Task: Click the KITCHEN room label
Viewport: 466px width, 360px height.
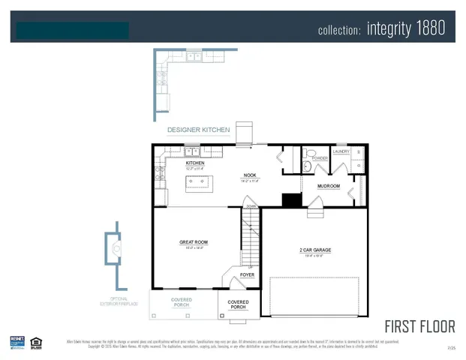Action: (x=195, y=163)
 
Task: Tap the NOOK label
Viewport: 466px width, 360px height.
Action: (x=250, y=175)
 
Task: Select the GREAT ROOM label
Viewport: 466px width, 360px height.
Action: (x=194, y=242)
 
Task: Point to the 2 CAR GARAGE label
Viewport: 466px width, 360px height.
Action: (x=315, y=250)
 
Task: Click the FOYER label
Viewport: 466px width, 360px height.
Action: (x=247, y=275)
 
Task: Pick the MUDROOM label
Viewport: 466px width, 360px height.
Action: (x=329, y=186)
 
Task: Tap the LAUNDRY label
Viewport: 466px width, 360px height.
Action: (x=341, y=150)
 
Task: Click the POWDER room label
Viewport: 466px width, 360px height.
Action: (x=320, y=158)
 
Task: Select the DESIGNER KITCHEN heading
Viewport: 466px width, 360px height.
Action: (x=198, y=130)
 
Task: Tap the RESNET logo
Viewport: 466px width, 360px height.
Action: (x=17, y=342)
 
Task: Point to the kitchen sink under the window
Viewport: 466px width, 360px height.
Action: (x=192, y=152)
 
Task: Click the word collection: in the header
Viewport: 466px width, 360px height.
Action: (x=340, y=31)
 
